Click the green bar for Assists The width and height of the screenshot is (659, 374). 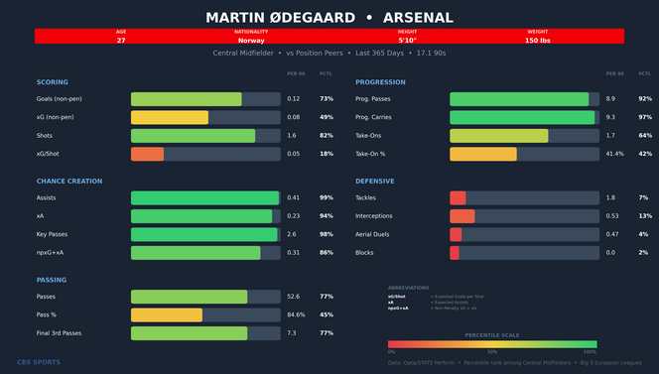(204, 198)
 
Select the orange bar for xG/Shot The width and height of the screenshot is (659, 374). (147, 154)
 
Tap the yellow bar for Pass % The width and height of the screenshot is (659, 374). (167, 314)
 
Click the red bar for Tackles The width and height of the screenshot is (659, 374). (458, 198)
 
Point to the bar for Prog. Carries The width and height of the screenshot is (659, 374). (522, 117)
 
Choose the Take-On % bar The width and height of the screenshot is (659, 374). (483, 154)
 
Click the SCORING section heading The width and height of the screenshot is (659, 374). (53, 82)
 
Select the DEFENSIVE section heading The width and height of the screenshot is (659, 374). (375, 182)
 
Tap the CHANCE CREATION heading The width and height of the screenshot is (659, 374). (69, 182)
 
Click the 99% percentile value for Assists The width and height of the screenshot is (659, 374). (327, 198)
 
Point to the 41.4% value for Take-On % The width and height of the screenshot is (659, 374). (615, 154)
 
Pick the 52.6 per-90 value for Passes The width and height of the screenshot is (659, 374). (294, 297)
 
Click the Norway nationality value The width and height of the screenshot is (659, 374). (251, 41)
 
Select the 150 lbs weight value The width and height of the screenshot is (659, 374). (537, 41)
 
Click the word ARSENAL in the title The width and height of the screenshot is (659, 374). (418, 18)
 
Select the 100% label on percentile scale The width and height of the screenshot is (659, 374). (590, 352)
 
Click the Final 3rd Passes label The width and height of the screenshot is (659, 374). (60, 333)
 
